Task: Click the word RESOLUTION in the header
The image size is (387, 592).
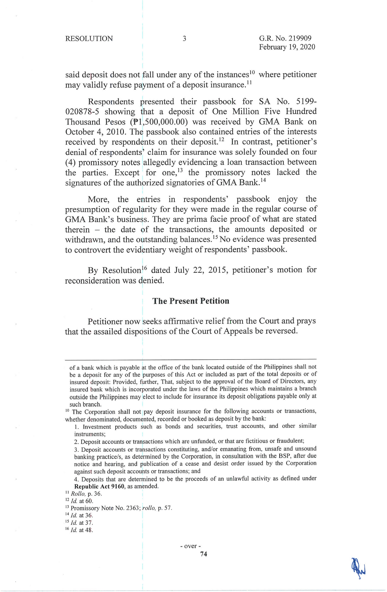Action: pos(89,39)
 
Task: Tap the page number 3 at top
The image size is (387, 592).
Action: pos(184,39)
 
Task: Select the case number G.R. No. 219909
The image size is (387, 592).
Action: pos(285,38)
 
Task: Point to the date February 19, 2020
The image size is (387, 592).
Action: pos(287,47)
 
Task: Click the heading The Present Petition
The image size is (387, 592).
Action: pos(191,301)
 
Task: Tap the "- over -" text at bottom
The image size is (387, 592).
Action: pos(191,546)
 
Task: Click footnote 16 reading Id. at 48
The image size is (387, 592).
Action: pos(79,530)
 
